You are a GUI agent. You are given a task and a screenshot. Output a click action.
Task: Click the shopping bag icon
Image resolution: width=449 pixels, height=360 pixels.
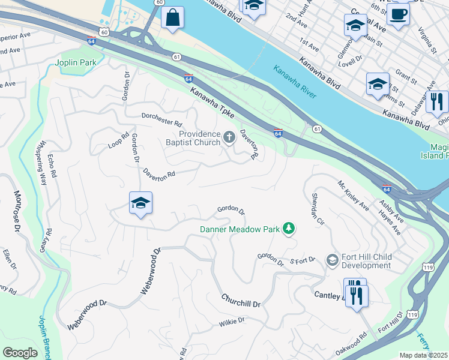(172, 18)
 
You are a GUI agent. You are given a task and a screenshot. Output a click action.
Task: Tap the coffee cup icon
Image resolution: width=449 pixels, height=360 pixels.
(398, 14)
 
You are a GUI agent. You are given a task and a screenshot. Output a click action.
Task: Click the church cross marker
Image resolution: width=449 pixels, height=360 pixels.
(229, 139)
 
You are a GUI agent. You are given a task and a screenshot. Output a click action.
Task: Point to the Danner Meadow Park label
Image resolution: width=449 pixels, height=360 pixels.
(240, 228)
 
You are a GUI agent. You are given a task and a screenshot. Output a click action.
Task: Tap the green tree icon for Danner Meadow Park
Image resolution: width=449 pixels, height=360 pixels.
(289, 228)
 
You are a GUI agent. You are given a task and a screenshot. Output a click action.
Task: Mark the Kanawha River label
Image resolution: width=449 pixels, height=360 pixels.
(295, 82)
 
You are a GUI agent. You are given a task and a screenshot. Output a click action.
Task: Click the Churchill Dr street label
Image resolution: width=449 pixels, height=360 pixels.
(241, 301)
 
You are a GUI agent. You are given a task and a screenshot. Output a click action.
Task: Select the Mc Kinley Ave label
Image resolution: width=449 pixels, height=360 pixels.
(353, 197)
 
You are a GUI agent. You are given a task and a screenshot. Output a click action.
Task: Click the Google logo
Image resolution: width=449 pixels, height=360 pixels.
(20, 353)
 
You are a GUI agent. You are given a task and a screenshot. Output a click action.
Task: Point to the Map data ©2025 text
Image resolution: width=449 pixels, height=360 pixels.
(423, 355)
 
